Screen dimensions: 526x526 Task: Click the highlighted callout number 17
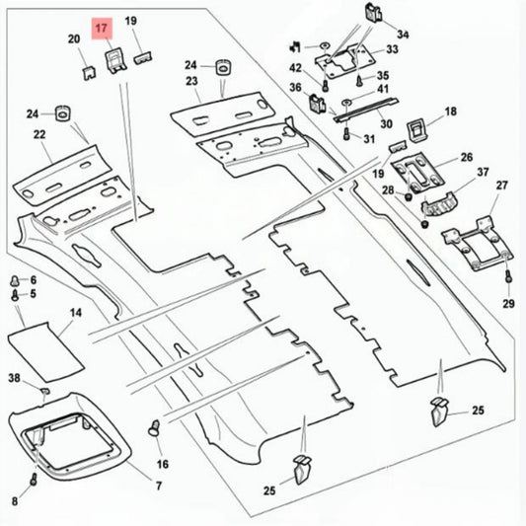point(102,28)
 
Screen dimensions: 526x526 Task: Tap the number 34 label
point(403,35)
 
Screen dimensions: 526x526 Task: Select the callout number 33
point(392,49)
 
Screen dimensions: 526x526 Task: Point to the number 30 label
point(386,123)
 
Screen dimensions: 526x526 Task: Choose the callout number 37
point(483,172)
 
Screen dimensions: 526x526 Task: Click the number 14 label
point(76,313)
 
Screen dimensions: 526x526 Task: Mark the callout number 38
point(14,378)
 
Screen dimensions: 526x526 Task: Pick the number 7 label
point(159,486)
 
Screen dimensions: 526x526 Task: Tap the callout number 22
point(39,134)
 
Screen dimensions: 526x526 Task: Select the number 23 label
point(191,81)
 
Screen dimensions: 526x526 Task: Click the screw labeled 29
point(508,277)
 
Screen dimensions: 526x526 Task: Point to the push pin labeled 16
point(154,428)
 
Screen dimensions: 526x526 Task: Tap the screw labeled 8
point(34,479)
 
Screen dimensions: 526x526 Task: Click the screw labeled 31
point(346,134)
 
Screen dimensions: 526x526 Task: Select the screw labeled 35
point(359,81)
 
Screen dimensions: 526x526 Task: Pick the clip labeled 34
point(373,13)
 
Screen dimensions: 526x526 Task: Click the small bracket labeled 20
point(89,73)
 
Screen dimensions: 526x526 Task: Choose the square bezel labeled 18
point(418,131)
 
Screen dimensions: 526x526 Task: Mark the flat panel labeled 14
point(46,351)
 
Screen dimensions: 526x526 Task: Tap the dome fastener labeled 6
point(15,280)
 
